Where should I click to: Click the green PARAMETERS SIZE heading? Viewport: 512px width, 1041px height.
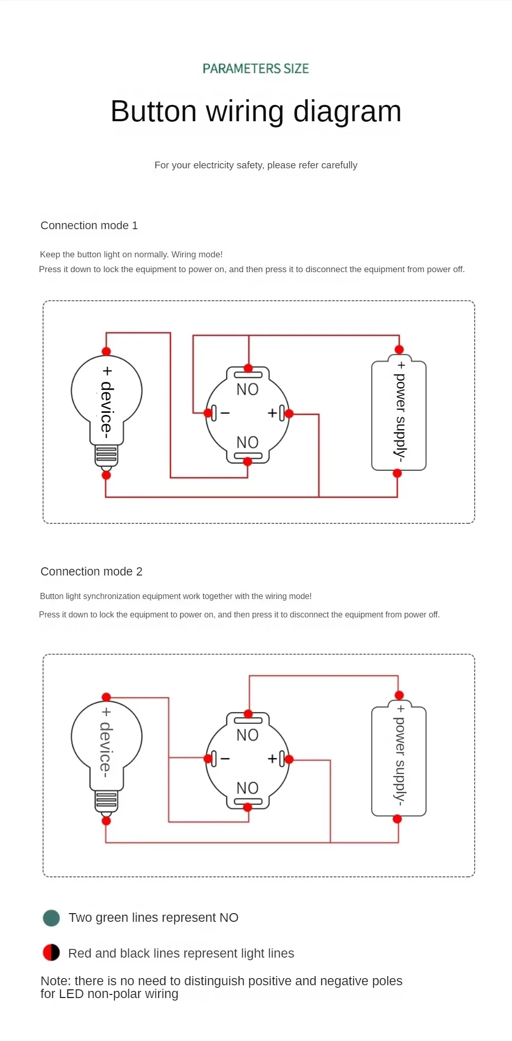click(x=255, y=69)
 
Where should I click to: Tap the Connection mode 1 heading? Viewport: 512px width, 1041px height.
click(x=89, y=226)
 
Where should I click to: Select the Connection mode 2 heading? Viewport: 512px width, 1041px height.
click(x=92, y=571)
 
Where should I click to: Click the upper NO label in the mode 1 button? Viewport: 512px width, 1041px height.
click(x=247, y=389)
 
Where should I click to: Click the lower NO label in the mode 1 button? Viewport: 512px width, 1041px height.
click(x=247, y=442)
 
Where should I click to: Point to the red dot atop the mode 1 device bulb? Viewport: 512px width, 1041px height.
click(x=106, y=351)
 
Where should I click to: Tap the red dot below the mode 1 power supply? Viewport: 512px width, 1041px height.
click(x=397, y=474)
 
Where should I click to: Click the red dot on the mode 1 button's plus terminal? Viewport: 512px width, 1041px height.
click(x=289, y=413)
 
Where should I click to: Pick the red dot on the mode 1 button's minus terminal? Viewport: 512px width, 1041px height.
click(x=208, y=413)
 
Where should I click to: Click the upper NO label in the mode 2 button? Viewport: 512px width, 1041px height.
click(x=247, y=735)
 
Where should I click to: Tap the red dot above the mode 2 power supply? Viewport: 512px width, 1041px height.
click(x=399, y=695)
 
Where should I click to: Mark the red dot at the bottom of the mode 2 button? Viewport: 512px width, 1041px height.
click(x=248, y=807)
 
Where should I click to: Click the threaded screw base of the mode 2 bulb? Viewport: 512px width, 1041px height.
click(x=106, y=801)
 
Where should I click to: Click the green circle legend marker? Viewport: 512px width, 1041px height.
click(x=51, y=918)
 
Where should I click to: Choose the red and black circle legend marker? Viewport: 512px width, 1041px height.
click(x=51, y=953)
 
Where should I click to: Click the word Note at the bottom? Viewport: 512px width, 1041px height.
click(x=55, y=981)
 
